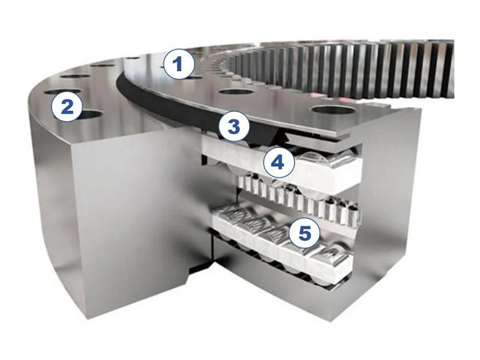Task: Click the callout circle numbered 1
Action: click(x=179, y=64)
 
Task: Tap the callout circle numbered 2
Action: click(x=67, y=107)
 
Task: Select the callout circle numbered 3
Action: click(x=234, y=127)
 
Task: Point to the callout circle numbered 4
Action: click(x=278, y=163)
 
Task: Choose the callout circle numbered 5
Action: click(x=305, y=233)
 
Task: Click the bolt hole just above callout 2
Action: click(x=63, y=92)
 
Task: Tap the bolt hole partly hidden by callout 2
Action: click(x=91, y=115)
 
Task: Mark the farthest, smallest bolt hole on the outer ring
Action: click(x=133, y=58)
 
